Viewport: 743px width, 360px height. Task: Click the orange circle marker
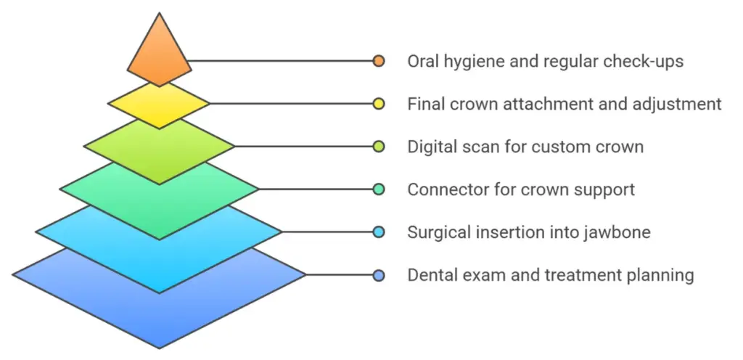coord(378,61)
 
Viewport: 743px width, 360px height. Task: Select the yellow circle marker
coord(378,104)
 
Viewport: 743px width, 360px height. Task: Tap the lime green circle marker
coord(378,147)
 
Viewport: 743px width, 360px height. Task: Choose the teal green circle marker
coord(378,189)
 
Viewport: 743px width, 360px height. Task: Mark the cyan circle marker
coord(378,232)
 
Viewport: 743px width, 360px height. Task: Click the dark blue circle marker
coord(378,275)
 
